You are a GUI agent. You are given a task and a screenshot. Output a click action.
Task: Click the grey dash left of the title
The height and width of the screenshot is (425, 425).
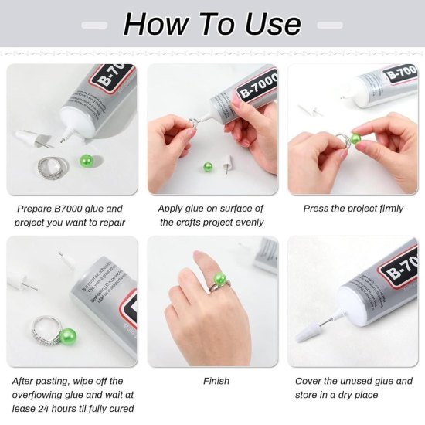(x=94, y=25)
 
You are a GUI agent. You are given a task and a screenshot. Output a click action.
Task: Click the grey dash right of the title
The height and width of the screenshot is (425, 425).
(x=330, y=25)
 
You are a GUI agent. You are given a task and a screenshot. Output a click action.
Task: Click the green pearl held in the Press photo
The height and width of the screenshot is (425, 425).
(x=355, y=139)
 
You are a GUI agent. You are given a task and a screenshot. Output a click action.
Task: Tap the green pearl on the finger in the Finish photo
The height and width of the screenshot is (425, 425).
(x=219, y=279)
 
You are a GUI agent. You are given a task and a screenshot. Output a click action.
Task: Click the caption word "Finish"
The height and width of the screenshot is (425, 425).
(x=216, y=381)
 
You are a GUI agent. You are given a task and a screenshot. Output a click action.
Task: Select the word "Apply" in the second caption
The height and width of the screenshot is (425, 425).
(x=172, y=209)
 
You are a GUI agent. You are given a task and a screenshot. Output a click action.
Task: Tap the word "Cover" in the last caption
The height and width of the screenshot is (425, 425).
(x=311, y=381)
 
